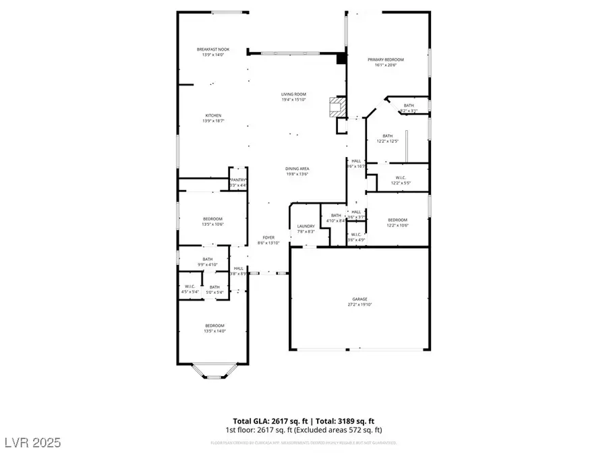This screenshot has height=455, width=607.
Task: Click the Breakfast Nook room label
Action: [212, 50]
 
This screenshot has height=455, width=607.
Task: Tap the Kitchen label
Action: [212, 115]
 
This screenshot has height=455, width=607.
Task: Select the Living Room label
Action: [294, 94]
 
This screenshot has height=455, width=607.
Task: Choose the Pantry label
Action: [238, 180]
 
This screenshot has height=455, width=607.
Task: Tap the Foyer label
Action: [269, 238]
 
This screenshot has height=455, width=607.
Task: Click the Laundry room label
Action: [306, 226]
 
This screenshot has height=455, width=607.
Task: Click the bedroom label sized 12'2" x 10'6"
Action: [397, 222]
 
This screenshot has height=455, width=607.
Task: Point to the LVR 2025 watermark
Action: [32, 442]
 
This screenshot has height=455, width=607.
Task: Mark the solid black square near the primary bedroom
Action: [341, 59]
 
